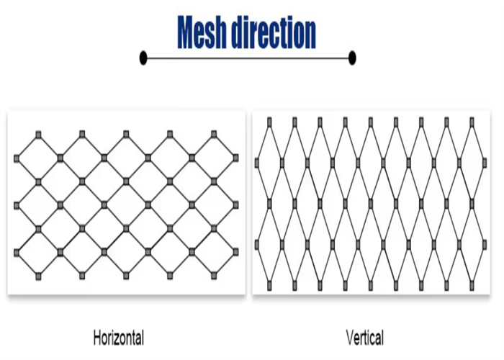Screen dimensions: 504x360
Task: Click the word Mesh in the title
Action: click(202, 32)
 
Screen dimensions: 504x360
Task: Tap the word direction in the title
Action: click(274, 32)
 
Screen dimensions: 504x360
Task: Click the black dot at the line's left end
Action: click(143, 58)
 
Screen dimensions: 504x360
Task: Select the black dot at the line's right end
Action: click(352, 58)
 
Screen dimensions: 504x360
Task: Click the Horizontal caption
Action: click(119, 338)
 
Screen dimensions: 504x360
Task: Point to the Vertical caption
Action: click(365, 338)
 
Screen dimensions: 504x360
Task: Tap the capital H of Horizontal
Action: click(97, 338)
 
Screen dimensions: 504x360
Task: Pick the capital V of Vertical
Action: click(351, 338)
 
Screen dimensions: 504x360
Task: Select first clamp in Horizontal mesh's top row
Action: click(39, 135)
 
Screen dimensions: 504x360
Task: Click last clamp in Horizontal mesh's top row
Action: click(214, 135)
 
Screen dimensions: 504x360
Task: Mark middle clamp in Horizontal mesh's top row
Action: click(126, 135)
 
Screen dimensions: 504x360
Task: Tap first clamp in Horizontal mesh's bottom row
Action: click(39, 276)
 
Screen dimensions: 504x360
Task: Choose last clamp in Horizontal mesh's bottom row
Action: click(214, 276)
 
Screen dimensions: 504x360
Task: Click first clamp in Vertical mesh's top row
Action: click(269, 122)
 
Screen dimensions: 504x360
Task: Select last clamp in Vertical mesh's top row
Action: click(472, 122)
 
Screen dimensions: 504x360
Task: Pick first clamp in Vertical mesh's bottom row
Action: click(269, 285)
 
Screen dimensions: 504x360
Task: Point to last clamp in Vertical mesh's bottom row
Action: click(472, 285)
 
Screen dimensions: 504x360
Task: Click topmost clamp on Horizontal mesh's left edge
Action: click(17, 158)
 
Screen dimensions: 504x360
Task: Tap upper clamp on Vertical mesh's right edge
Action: click(485, 163)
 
